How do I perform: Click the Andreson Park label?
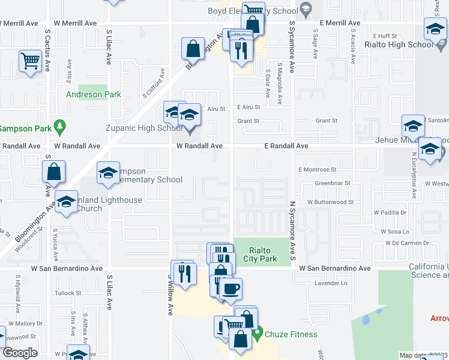tap(94, 94)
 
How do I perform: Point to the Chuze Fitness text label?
tap(291, 334)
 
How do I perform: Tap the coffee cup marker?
tap(231, 289)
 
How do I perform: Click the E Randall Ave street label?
tap(286, 146)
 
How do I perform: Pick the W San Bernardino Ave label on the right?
tap(335, 268)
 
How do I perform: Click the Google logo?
tap(19, 352)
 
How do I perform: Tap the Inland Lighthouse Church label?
tap(108, 205)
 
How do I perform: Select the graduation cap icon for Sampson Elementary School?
tap(108, 173)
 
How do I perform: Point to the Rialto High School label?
tap(399, 44)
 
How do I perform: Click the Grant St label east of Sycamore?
tap(327, 121)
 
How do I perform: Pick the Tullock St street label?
tap(69, 293)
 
